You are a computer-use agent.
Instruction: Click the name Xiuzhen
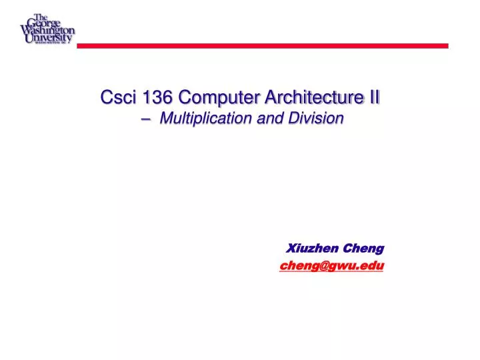(x=313, y=248)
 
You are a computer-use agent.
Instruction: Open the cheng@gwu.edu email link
(x=331, y=265)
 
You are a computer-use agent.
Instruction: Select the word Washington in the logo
(x=47, y=30)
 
